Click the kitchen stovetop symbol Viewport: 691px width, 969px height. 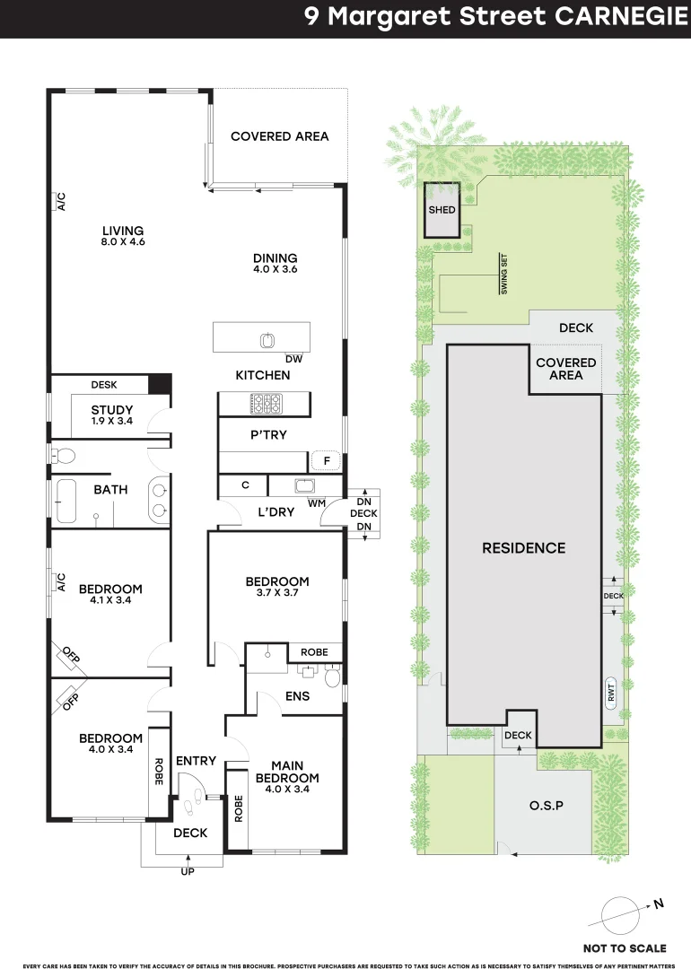pos(266,404)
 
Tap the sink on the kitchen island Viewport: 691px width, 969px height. pos(267,340)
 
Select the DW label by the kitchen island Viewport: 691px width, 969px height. pos(293,359)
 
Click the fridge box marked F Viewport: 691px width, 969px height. pos(327,461)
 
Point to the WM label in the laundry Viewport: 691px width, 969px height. pos(317,503)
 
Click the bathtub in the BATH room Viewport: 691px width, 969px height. pos(66,501)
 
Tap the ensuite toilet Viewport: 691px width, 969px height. pos(333,677)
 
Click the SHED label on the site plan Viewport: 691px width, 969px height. pos(442,210)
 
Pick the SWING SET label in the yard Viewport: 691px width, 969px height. pos(503,274)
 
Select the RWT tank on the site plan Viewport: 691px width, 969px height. pos(610,692)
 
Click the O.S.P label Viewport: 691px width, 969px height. pos(547,806)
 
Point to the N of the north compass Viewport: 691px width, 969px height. pos(659,904)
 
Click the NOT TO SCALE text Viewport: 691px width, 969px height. pos(625,948)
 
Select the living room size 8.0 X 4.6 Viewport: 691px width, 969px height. pos(123,242)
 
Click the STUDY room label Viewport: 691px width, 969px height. pos(112,410)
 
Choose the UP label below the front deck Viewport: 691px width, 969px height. pos(188,871)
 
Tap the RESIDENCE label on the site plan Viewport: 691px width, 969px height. pos(523,548)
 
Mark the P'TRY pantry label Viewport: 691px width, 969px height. pos(268,435)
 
